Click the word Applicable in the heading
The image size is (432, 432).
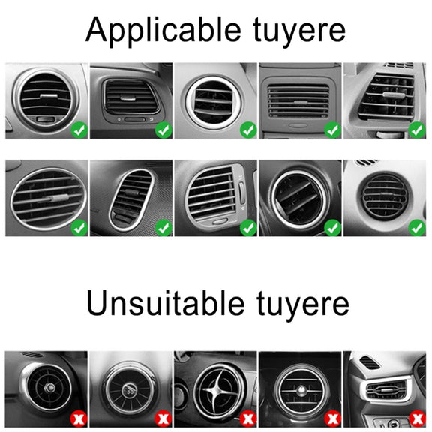click(163, 31)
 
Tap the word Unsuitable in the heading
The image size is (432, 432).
click(165, 303)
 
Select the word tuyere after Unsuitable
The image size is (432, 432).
click(303, 306)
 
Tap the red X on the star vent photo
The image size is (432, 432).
click(248, 418)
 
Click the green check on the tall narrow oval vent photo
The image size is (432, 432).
click(163, 227)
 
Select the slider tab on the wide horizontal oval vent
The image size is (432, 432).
click(58, 197)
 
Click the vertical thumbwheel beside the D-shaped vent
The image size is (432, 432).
click(242, 193)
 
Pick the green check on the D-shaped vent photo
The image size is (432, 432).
click(248, 227)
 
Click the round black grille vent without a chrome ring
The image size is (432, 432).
click(385, 196)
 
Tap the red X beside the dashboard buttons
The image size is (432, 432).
click(417, 418)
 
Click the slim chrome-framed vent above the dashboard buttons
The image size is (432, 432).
click(387, 390)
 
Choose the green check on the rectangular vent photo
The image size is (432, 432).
click(332, 130)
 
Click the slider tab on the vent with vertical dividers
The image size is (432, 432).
click(394, 95)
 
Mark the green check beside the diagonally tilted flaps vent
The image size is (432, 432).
click(332, 227)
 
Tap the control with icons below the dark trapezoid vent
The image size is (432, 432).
click(135, 119)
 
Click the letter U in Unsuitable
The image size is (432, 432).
click(96, 302)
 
